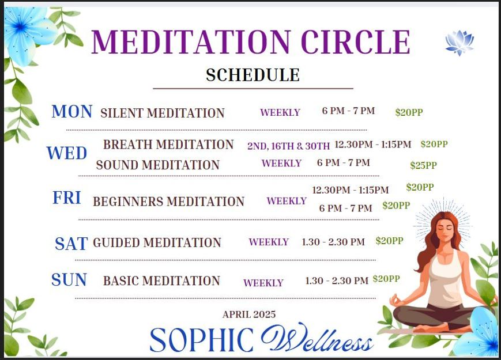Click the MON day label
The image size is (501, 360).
pyautogui.click(x=72, y=112)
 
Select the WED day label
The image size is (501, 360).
pyautogui.click(x=67, y=154)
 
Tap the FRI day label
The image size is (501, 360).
pyautogui.click(x=67, y=198)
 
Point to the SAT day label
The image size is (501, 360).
pyautogui.click(x=71, y=244)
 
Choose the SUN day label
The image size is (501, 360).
pyautogui.click(x=69, y=281)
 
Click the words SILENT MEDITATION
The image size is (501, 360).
pyautogui.click(x=163, y=113)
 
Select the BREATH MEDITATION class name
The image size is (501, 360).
pyautogui.click(x=168, y=145)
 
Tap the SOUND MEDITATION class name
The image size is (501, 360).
pyautogui.click(x=157, y=165)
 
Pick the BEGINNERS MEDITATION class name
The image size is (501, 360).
pyautogui.click(x=168, y=202)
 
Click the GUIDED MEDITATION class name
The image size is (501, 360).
pyautogui.click(x=157, y=243)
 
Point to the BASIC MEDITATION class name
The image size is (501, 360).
pyautogui.click(x=161, y=281)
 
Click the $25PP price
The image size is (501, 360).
pyautogui.click(x=423, y=166)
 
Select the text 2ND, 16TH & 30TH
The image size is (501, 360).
pyautogui.click(x=288, y=146)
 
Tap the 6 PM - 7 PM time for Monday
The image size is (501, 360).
pyautogui.click(x=348, y=111)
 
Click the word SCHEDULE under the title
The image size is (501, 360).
pyautogui.click(x=253, y=75)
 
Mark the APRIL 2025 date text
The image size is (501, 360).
pyautogui.click(x=249, y=314)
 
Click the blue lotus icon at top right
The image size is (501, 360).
pyautogui.click(x=459, y=43)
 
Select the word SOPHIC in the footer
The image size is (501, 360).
pyautogui.click(x=201, y=340)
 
